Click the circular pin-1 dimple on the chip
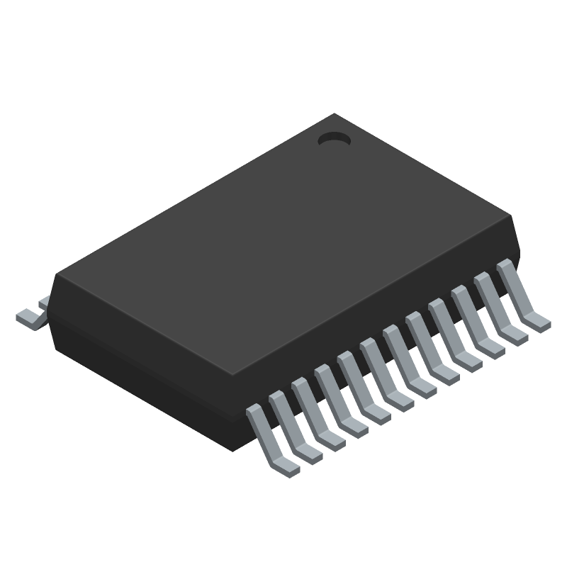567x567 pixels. (x=334, y=140)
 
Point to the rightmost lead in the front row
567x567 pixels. (x=520, y=301)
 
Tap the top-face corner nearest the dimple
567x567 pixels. (x=335, y=115)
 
